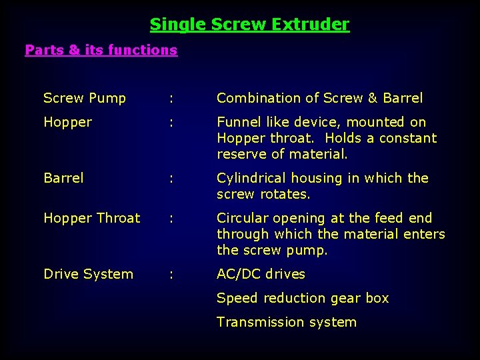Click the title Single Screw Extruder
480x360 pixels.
[x=249, y=25]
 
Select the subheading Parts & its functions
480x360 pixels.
[x=101, y=50]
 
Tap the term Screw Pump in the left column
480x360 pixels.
[x=85, y=98]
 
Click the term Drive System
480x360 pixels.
[x=88, y=274]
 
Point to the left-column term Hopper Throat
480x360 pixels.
[x=92, y=218]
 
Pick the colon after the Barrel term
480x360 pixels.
[x=172, y=179]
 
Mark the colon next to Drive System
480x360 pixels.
[x=172, y=275]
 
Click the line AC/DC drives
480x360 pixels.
[x=261, y=274]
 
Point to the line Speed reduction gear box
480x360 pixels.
[x=303, y=298]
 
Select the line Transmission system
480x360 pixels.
[x=287, y=322]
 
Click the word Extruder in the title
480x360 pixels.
[x=315, y=25]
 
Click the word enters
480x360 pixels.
[x=424, y=234]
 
